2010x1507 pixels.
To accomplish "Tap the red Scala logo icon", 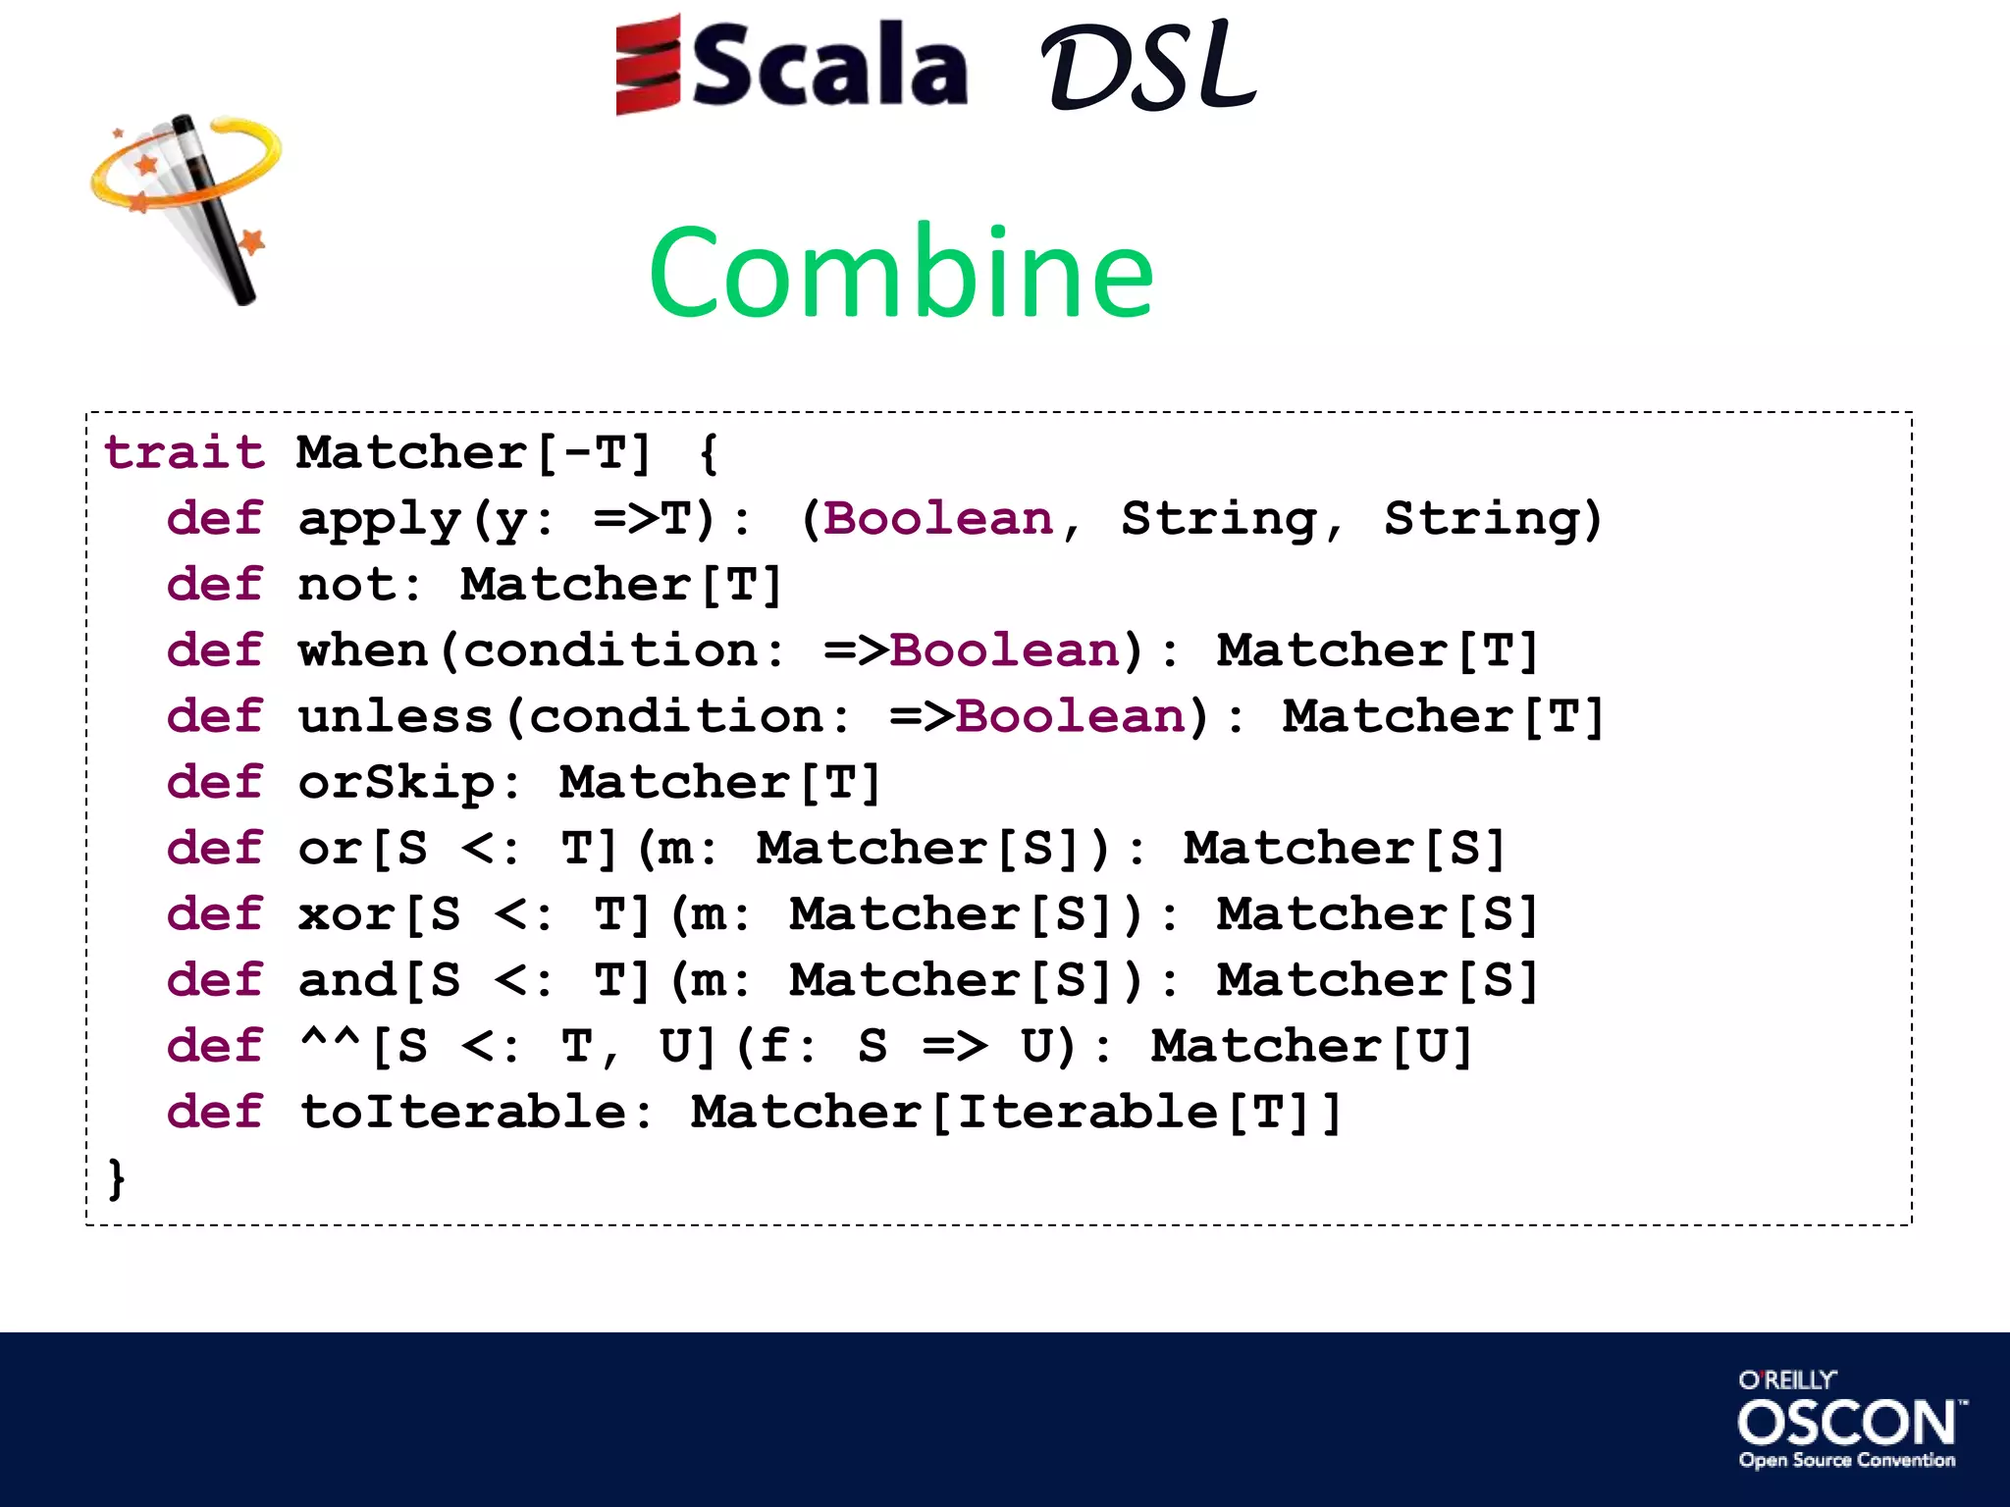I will click(648, 65).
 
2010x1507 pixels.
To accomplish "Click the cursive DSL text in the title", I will click(1147, 67).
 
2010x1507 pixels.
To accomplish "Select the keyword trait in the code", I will click(185, 453).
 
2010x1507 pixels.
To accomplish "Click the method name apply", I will click(379, 520).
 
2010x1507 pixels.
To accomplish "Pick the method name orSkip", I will click(397, 783).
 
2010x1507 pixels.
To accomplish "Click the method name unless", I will click(396, 717).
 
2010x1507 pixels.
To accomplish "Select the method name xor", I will click(346, 915).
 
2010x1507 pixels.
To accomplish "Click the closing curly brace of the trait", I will click(117, 1177).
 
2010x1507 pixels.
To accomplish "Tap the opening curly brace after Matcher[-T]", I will click(709, 454).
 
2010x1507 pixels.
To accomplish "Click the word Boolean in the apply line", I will click(938, 519).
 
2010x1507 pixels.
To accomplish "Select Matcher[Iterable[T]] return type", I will click(1016, 1113).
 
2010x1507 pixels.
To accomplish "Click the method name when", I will click(363, 651).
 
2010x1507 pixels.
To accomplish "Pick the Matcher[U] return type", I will click(1312, 1047).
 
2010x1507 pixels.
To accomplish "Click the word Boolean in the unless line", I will click(1071, 717).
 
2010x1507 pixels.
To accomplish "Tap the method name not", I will click(346, 586).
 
